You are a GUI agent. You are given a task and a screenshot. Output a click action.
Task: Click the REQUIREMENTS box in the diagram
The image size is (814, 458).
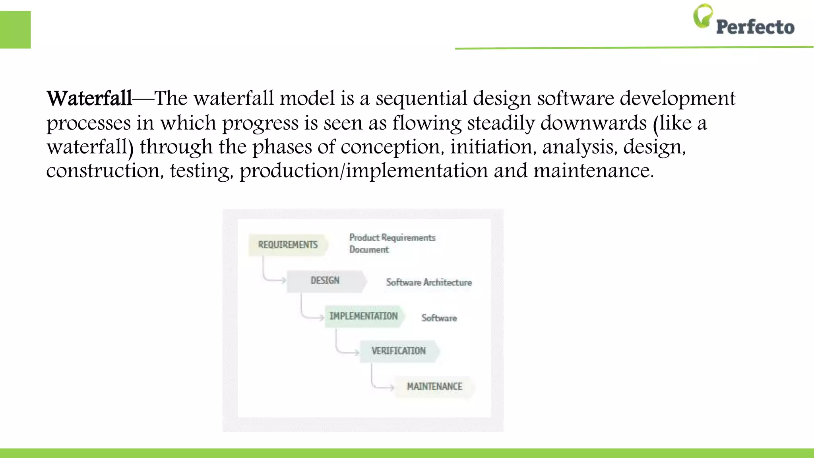(x=288, y=245)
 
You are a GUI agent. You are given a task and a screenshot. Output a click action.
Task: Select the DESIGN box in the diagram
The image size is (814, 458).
(x=326, y=281)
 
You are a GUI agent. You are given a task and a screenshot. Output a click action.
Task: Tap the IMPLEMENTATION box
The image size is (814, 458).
(x=364, y=316)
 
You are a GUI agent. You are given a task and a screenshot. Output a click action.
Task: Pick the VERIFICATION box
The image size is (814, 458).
(x=399, y=351)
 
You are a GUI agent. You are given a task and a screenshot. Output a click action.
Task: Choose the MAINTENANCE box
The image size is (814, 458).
(x=434, y=386)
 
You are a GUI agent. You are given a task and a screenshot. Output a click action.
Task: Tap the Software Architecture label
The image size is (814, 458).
(x=429, y=282)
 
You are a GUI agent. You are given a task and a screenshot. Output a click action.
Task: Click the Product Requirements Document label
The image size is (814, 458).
(x=392, y=243)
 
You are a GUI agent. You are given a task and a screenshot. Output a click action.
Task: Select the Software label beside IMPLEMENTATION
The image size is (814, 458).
(x=439, y=318)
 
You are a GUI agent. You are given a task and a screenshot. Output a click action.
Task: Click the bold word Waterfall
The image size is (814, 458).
(x=89, y=98)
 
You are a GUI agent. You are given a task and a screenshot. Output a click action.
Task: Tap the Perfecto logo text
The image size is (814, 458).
(x=755, y=27)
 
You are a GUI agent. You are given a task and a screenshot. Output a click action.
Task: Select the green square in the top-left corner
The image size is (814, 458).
(x=15, y=30)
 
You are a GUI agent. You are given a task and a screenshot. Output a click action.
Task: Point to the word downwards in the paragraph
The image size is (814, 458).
(x=593, y=123)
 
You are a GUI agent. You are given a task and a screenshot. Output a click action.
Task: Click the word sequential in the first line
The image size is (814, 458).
(x=421, y=98)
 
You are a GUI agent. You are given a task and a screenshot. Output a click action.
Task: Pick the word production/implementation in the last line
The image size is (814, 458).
(x=363, y=171)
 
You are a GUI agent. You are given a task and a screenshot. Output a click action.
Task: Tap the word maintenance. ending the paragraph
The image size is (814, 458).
(x=593, y=171)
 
